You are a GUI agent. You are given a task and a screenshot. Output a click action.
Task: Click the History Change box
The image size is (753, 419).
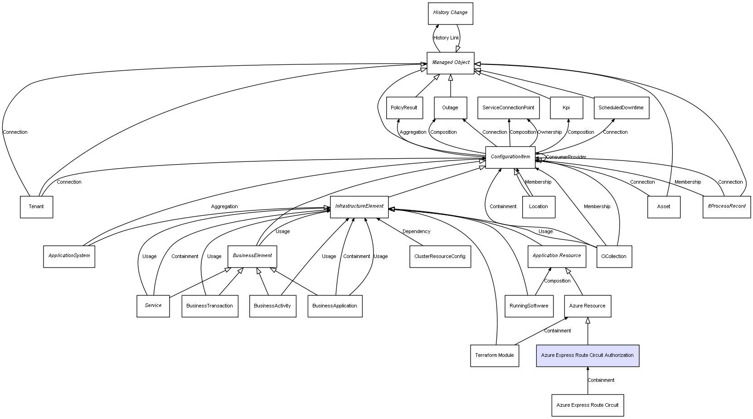coord(450,13)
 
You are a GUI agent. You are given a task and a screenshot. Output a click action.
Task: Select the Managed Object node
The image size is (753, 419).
coord(450,63)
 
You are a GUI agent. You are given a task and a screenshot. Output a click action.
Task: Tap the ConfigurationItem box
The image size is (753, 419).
coord(510,157)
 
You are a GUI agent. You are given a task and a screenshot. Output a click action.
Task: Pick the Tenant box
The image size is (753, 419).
coord(36,207)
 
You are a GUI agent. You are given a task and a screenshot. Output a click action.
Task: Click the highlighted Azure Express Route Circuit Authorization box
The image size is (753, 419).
coord(588,356)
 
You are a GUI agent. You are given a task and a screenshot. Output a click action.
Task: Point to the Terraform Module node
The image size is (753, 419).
coord(494,356)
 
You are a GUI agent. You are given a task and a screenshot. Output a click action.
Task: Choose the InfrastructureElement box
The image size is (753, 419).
coord(359,207)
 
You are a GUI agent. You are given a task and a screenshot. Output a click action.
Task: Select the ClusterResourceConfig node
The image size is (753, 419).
coord(440,257)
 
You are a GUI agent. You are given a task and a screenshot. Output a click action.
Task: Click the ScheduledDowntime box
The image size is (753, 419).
coord(621,108)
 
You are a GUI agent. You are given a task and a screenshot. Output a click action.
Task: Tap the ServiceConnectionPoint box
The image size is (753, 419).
coord(508,108)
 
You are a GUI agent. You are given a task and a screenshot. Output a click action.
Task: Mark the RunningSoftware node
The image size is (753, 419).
coord(529,306)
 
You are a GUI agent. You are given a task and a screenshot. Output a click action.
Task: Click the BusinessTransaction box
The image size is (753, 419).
coord(209,306)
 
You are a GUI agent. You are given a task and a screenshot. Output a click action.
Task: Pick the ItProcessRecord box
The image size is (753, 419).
coord(726,207)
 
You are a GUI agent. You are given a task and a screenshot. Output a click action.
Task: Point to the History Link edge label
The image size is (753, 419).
coord(446,38)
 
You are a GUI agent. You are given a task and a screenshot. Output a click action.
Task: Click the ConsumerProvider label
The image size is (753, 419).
coord(566,157)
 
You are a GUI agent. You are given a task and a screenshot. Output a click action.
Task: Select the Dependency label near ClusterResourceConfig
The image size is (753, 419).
coord(416,232)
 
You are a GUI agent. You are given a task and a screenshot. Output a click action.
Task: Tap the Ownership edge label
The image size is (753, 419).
coord(549,132)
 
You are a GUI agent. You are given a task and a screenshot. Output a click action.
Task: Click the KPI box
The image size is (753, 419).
coord(566,108)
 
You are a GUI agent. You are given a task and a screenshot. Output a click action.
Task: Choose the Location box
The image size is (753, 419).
coord(538,207)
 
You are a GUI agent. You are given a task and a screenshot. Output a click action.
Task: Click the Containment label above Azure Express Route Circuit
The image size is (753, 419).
coord(601,380)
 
